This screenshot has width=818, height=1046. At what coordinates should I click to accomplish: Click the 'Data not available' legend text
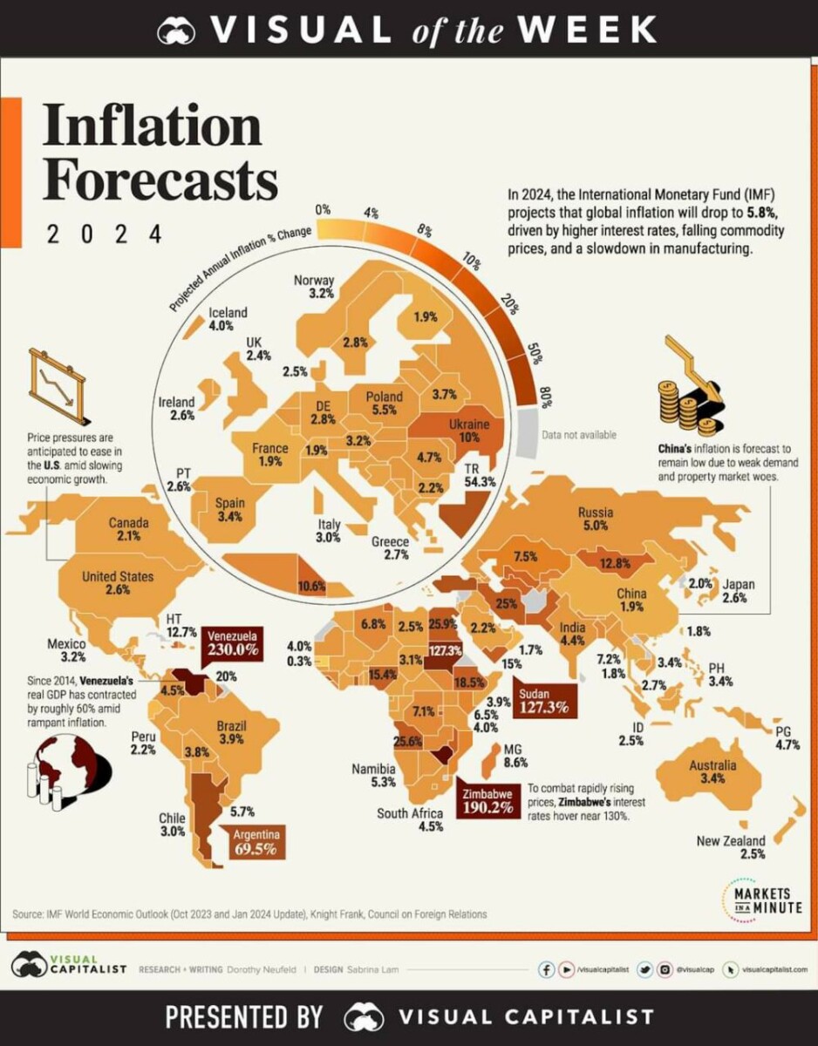click(x=578, y=434)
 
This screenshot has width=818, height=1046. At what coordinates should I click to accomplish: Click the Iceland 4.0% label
click(x=228, y=319)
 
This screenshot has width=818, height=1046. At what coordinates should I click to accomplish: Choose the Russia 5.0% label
click(x=596, y=520)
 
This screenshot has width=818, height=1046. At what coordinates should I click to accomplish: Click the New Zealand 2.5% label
click(x=730, y=847)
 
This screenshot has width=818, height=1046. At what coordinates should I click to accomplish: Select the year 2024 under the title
click(x=104, y=234)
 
